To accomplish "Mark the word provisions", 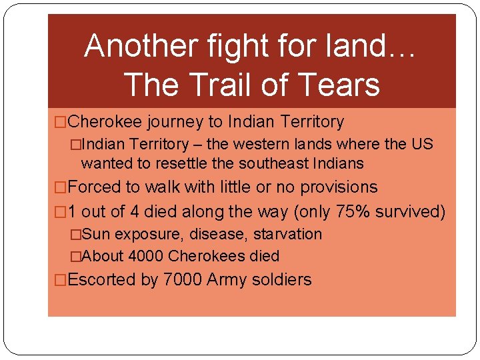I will [339, 187].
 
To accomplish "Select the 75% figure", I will [351, 211].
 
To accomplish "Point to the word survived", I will [410, 211].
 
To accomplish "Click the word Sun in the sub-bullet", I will [98, 235].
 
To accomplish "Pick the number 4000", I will [146, 256].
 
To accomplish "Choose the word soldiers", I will [282, 279].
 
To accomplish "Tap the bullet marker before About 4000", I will [76, 256].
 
